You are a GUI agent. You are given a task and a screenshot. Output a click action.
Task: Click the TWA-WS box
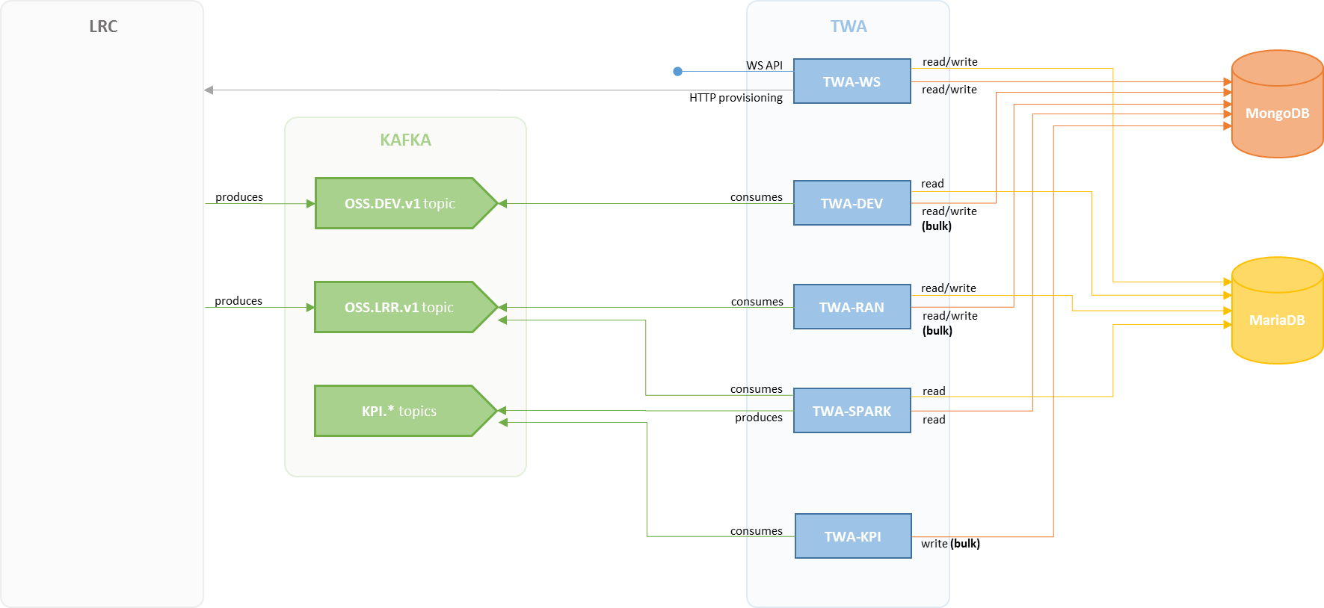coord(852,81)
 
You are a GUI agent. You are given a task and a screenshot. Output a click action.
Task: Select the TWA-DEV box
coord(852,203)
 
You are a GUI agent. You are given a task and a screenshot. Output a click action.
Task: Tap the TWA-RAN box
coord(852,307)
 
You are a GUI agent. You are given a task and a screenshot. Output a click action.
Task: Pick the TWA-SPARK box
coord(852,411)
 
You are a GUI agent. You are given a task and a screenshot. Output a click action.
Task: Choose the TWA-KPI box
coord(852,536)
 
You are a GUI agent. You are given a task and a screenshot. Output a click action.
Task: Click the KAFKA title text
coord(405,140)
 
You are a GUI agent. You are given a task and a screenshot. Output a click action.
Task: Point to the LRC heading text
coord(103,26)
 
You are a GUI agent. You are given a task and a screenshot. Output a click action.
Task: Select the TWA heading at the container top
coord(849,26)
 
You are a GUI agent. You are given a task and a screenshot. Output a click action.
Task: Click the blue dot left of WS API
coord(677,72)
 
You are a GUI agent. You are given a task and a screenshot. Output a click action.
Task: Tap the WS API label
coord(765,66)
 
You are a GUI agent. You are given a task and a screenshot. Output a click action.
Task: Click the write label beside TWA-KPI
coord(935,544)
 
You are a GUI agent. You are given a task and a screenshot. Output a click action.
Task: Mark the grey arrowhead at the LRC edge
coord(209,90)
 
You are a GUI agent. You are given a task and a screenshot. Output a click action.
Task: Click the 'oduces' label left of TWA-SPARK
coord(765,418)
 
